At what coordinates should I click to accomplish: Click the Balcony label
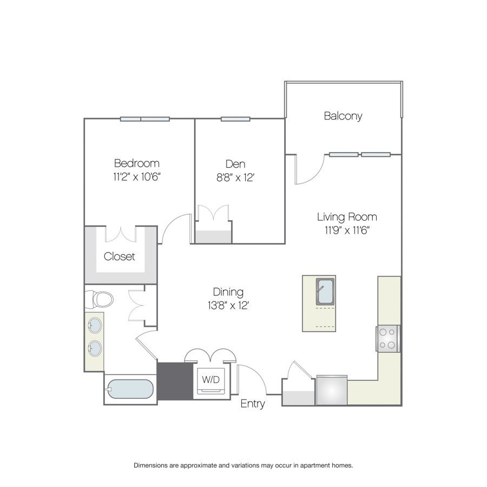tap(343, 116)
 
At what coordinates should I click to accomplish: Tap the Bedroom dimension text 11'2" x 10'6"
tap(137, 177)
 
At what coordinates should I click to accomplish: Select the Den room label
tap(235, 163)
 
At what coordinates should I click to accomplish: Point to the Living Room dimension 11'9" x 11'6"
tap(347, 230)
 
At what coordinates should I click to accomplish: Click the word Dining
tap(228, 292)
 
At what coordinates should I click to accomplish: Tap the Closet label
tap(119, 256)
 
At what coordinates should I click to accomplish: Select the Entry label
tap(253, 404)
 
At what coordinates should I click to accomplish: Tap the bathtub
tap(130, 389)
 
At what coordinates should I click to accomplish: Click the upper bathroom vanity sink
tap(95, 325)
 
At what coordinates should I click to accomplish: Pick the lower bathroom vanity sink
tap(95, 348)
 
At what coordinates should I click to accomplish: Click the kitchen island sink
tap(325, 292)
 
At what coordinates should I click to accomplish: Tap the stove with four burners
tap(387, 339)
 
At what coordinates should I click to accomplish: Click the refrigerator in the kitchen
tap(332, 390)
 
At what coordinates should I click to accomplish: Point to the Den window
tap(235, 119)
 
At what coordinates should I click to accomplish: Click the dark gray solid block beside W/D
tap(175, 381)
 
